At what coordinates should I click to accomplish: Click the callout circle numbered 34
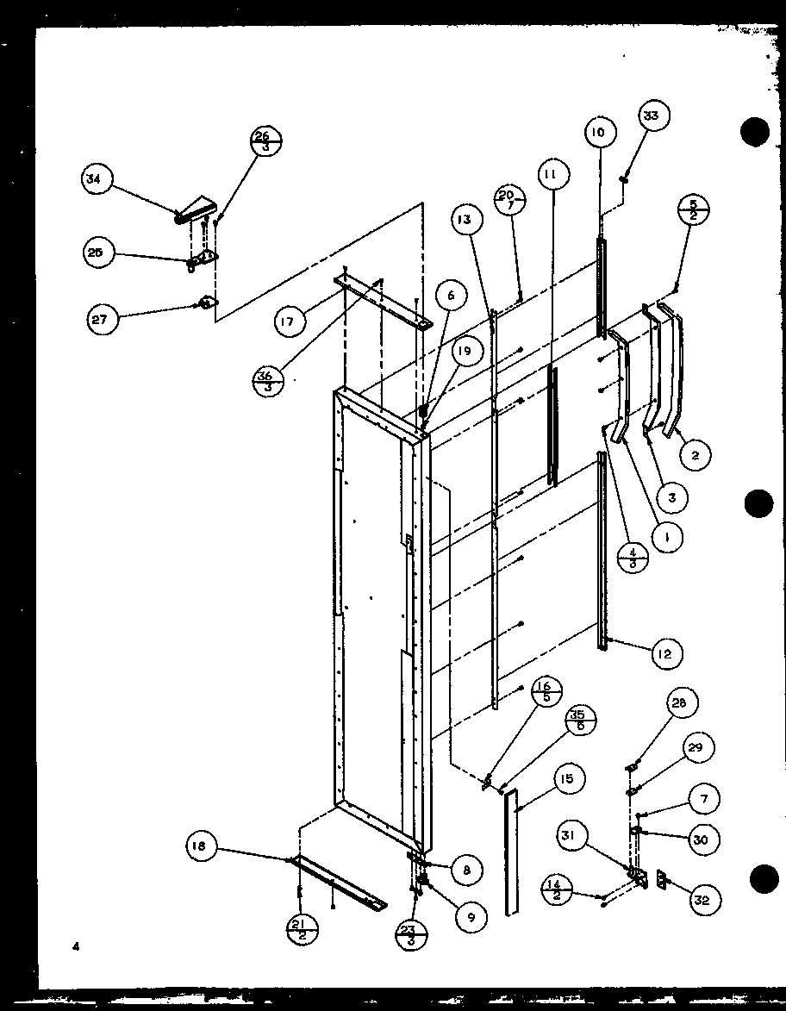tap(94, 180)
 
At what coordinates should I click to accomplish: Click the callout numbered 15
tap(565, 781)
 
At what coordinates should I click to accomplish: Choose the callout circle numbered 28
tap(680, 702)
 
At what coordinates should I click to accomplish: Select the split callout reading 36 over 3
tap(267, 379)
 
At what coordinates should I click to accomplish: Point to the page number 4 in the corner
tap(76, 946)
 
